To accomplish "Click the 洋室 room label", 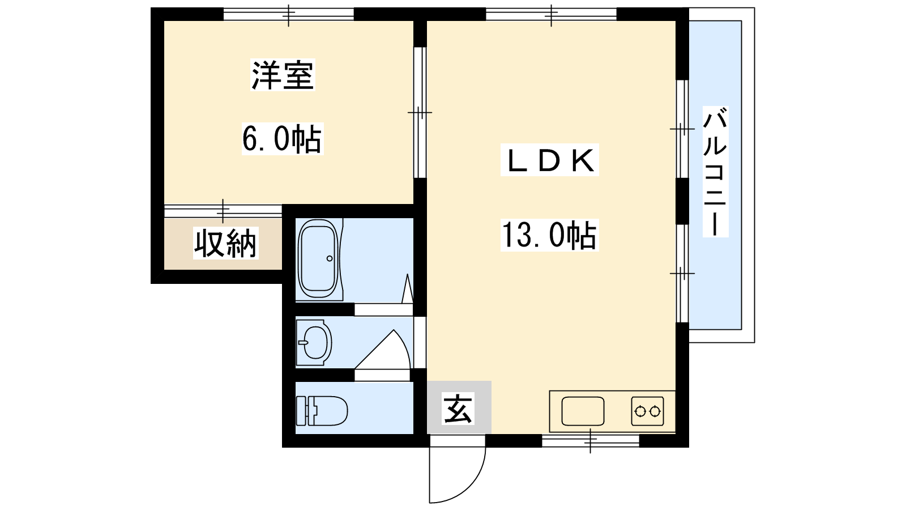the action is click(283, 75).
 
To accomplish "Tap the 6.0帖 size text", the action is click(282, 139).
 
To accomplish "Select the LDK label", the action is click(549, 160).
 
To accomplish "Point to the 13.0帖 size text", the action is click(549, 235).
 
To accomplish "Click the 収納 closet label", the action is click(225, 243).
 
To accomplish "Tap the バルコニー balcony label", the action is click(715, 172).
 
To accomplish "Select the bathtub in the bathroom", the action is click(318, 260).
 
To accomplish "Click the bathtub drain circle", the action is click(330, 258).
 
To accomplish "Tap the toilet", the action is click(322, 411).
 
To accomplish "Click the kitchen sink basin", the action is click(583, 411).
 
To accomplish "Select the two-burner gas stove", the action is click(647, 411).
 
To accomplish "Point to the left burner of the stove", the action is click(640, 411).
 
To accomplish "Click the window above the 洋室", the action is click(288, 15).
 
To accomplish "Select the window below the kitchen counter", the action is click(590, 440).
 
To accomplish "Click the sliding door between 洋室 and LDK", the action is click(420, 112).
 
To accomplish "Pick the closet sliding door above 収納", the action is click(223, 211).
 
